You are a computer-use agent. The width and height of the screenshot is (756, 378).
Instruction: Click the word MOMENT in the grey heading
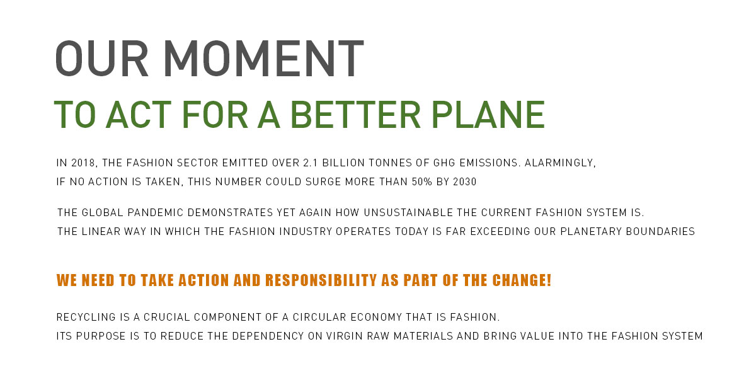[263, 59]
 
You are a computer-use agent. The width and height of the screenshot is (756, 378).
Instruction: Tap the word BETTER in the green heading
[355, 115]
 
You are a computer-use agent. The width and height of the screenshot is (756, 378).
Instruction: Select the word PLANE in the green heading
[488, 115]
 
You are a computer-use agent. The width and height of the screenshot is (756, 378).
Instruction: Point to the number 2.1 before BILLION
[310, 163]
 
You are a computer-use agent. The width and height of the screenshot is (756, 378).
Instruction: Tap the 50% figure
[422, 182]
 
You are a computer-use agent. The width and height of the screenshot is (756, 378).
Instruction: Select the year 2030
[465, 182]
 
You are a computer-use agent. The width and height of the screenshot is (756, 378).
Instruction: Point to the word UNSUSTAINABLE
[408, 213]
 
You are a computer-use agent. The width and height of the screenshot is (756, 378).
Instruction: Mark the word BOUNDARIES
[660, 232]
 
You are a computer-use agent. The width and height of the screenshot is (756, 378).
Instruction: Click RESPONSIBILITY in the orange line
[321, 280]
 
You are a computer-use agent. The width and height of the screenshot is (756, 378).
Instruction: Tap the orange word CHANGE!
[522, 280]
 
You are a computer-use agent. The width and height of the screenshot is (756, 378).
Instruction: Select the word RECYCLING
[86, 318]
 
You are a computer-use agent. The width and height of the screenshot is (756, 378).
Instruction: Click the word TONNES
[390, 163]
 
